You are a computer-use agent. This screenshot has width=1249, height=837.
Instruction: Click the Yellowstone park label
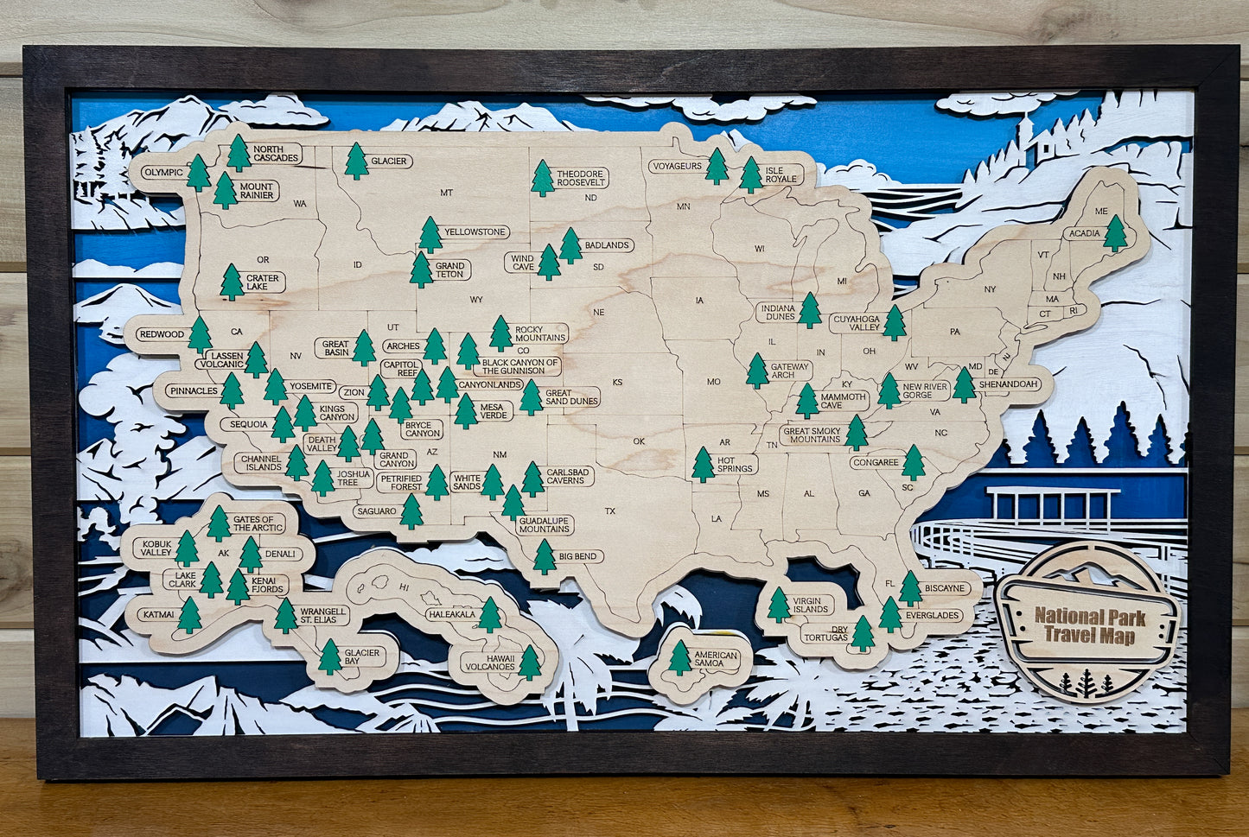pyautogui.click(x=475, y=232)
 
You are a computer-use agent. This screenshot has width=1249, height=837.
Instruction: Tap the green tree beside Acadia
pyautogui.click(x=1116, y=233)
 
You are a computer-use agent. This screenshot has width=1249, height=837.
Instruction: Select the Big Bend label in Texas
pyautogui.click(x=578, y=556)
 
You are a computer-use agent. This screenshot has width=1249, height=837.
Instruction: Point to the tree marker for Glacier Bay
pyautogui.click(x=329, y=657)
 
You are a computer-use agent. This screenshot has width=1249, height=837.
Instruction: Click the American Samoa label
pyautogui.click(x=716, y=659)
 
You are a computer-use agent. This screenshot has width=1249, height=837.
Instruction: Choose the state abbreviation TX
pyautogui.click(x=610, y=511)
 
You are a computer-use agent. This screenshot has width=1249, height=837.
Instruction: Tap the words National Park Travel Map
pyautogui.click(x=1089, y=625)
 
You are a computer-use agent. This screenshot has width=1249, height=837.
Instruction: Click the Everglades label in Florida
pyautogui.click(x=933, y=615)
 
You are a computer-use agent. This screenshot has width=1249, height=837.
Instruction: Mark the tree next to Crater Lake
pyautogui.click(x=232, y=282)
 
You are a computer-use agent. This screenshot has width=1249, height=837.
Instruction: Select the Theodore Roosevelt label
pyautogui.click(x=580, y=179)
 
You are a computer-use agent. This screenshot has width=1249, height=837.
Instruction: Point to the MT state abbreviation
pyautogui.click(x=446, y=193)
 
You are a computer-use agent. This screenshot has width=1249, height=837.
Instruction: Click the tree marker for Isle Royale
pyautogui.click(x=751, y=174)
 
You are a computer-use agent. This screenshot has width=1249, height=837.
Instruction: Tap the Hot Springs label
pyautogui.click(x=737, y=466)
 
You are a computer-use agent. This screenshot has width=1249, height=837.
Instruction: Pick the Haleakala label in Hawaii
pyautogui.click(x=450, y=615)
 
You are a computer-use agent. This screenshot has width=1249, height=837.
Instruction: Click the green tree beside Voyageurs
pyautogui.click(x=716, y=166)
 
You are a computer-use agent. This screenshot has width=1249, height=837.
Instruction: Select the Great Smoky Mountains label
pyautogui.click(x=811, y=434)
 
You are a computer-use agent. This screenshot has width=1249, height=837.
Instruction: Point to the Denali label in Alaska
pyautogui.click(x=282, y=554)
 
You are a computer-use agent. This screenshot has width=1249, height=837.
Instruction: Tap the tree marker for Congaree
pyautogui.click(x=913, y=463)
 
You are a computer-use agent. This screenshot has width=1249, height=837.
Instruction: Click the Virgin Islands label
pyautogui.click(x=812, y=605)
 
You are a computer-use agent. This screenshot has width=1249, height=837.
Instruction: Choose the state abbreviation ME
pyautogui.click(x=1100, y=212)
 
